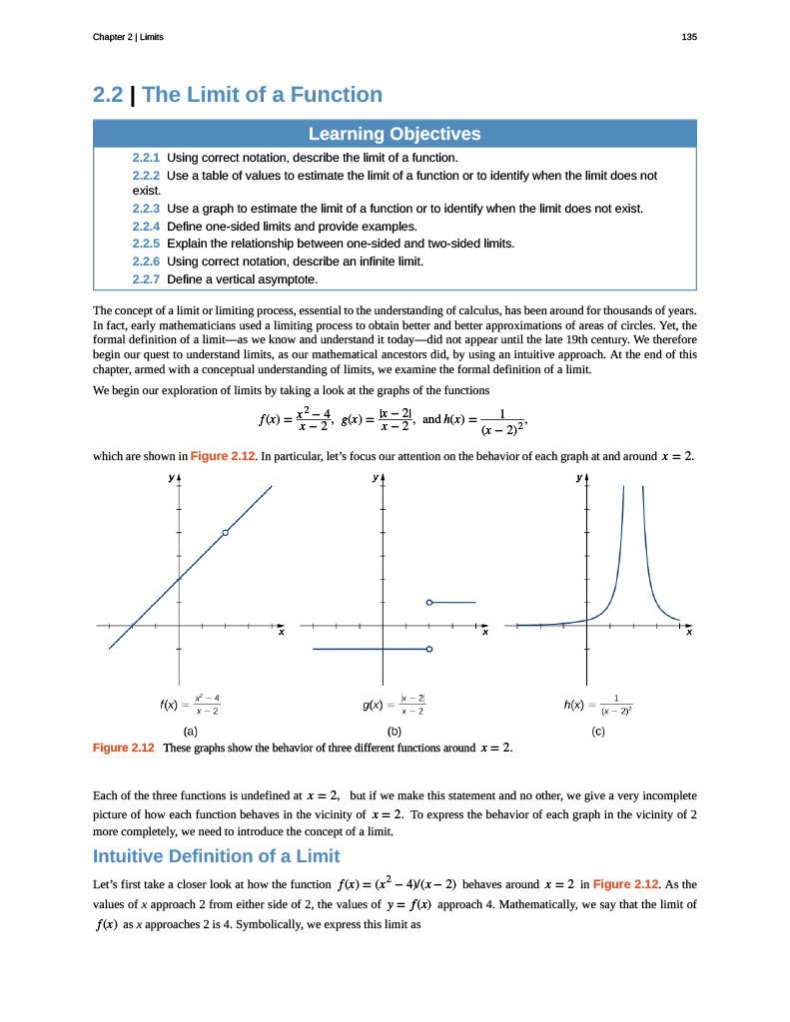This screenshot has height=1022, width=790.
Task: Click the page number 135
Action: pyautogui.click(x=688, y=37)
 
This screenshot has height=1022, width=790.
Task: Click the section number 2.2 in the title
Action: pyautogui.click(x=108, y=95)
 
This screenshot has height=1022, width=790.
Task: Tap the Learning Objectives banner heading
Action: pyautogui.click(x=395, y=134)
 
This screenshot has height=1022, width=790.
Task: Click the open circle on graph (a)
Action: pyautogui.click(x=226, y=533)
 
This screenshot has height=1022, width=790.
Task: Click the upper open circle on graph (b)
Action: pyautogui.click(x=428, y=602)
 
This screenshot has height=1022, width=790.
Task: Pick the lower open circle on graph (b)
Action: pyautogui.click(x=428, y=650)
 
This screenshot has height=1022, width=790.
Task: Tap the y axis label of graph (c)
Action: pyautogui.click(x=578, y=478)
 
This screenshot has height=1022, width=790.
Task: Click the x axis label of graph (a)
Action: pyautogui.click(x=281, y=633)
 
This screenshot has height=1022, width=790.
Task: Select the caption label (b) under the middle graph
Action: pyautogui.click(x=395, y=732)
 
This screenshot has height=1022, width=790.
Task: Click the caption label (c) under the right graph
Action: pyautogui.click(x=598, y=732)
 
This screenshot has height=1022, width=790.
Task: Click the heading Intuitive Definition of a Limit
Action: pyautogui.click(x=216, y=856)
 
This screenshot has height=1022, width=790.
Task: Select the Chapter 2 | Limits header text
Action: pyautogui.click(x=128, y=37)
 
